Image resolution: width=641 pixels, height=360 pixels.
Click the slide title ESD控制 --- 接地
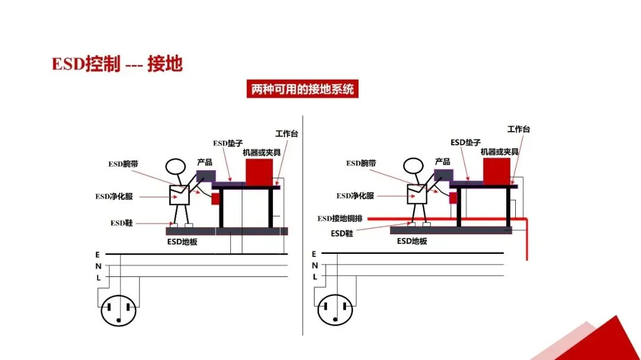click(x=117, y=64)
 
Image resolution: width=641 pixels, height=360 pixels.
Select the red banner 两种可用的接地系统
click(x=302, y=90)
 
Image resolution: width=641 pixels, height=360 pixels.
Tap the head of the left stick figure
click(x=176, y=167)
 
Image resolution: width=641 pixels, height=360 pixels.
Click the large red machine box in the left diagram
click(x=258, y=171)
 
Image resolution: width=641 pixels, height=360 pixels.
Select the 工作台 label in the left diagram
click(x=287, y=133)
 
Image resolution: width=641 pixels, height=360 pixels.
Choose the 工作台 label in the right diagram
click(x=518, y=129)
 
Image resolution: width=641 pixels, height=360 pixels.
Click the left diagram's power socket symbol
click(x=119, y=309)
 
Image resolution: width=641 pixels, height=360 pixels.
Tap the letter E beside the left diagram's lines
click(x=97, y=254)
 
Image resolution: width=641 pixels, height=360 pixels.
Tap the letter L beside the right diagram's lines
click(x=315, y=276)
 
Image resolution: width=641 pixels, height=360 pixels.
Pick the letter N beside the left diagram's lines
click(x=97, y=266)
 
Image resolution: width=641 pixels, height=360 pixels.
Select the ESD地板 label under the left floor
click(x=182, y=241)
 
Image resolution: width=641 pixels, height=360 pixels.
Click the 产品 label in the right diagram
click(x=442, y=161)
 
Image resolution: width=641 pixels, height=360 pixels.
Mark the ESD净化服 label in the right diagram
click(x=356, y=196)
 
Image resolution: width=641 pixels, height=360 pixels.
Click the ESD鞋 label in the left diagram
click(x=122, y=223)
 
